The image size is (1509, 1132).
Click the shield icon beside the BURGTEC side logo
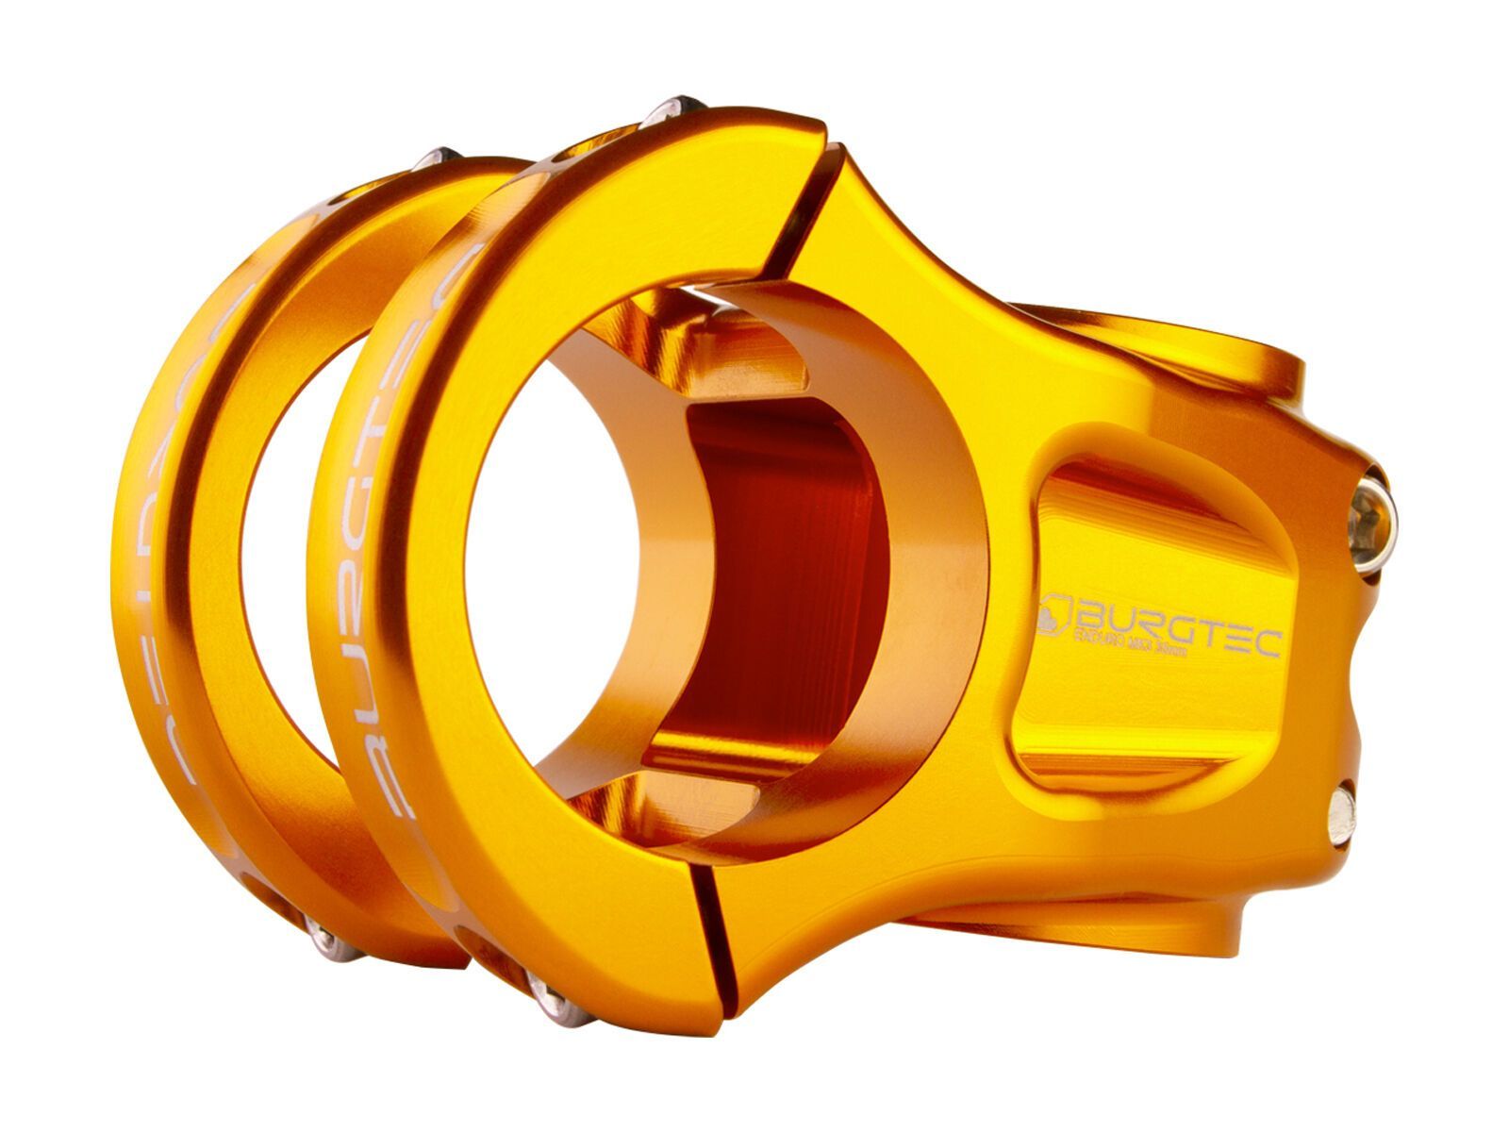(x=1055, y=612)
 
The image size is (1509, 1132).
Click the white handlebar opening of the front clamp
(x=556, y=604)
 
